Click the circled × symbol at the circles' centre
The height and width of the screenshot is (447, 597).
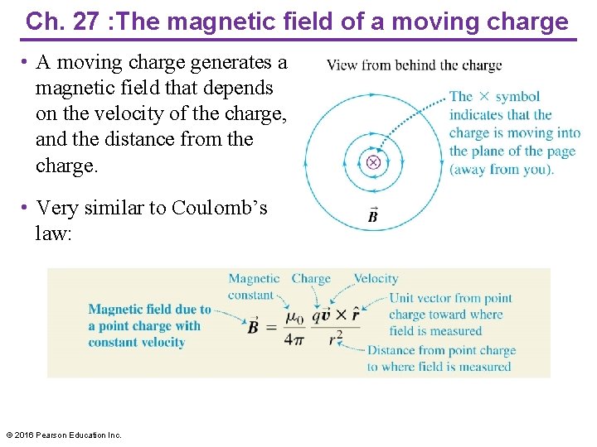(373, 162)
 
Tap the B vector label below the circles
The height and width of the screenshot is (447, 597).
(373, 217)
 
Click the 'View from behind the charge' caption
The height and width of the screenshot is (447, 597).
(414, 65)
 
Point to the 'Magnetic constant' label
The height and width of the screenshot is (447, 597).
(254, 287)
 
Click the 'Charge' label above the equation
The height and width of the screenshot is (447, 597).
(311, 279)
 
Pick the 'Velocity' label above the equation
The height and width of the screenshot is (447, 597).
(376, 279)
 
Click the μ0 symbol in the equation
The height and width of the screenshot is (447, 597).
(294, 316)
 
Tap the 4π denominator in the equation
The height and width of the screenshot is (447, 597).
(294, 338)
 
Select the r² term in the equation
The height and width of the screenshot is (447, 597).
(335, 338)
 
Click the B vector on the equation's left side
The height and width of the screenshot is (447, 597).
(255, 325)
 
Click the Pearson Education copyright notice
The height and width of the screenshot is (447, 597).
(64, 435)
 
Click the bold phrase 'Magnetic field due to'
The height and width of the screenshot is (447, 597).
(150, 310)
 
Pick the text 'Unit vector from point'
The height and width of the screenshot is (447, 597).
(450, 298)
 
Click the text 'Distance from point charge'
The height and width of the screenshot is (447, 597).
(441, 351)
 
